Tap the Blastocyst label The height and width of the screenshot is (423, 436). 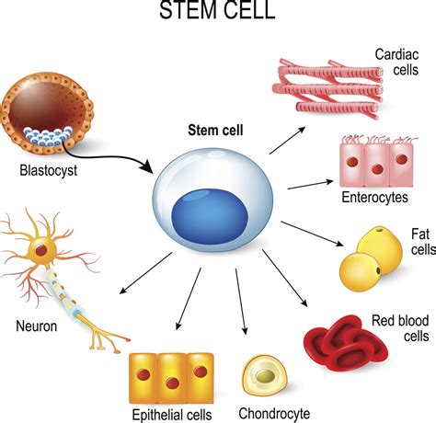[48, 170]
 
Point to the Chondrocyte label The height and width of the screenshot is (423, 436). [274, 413]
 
